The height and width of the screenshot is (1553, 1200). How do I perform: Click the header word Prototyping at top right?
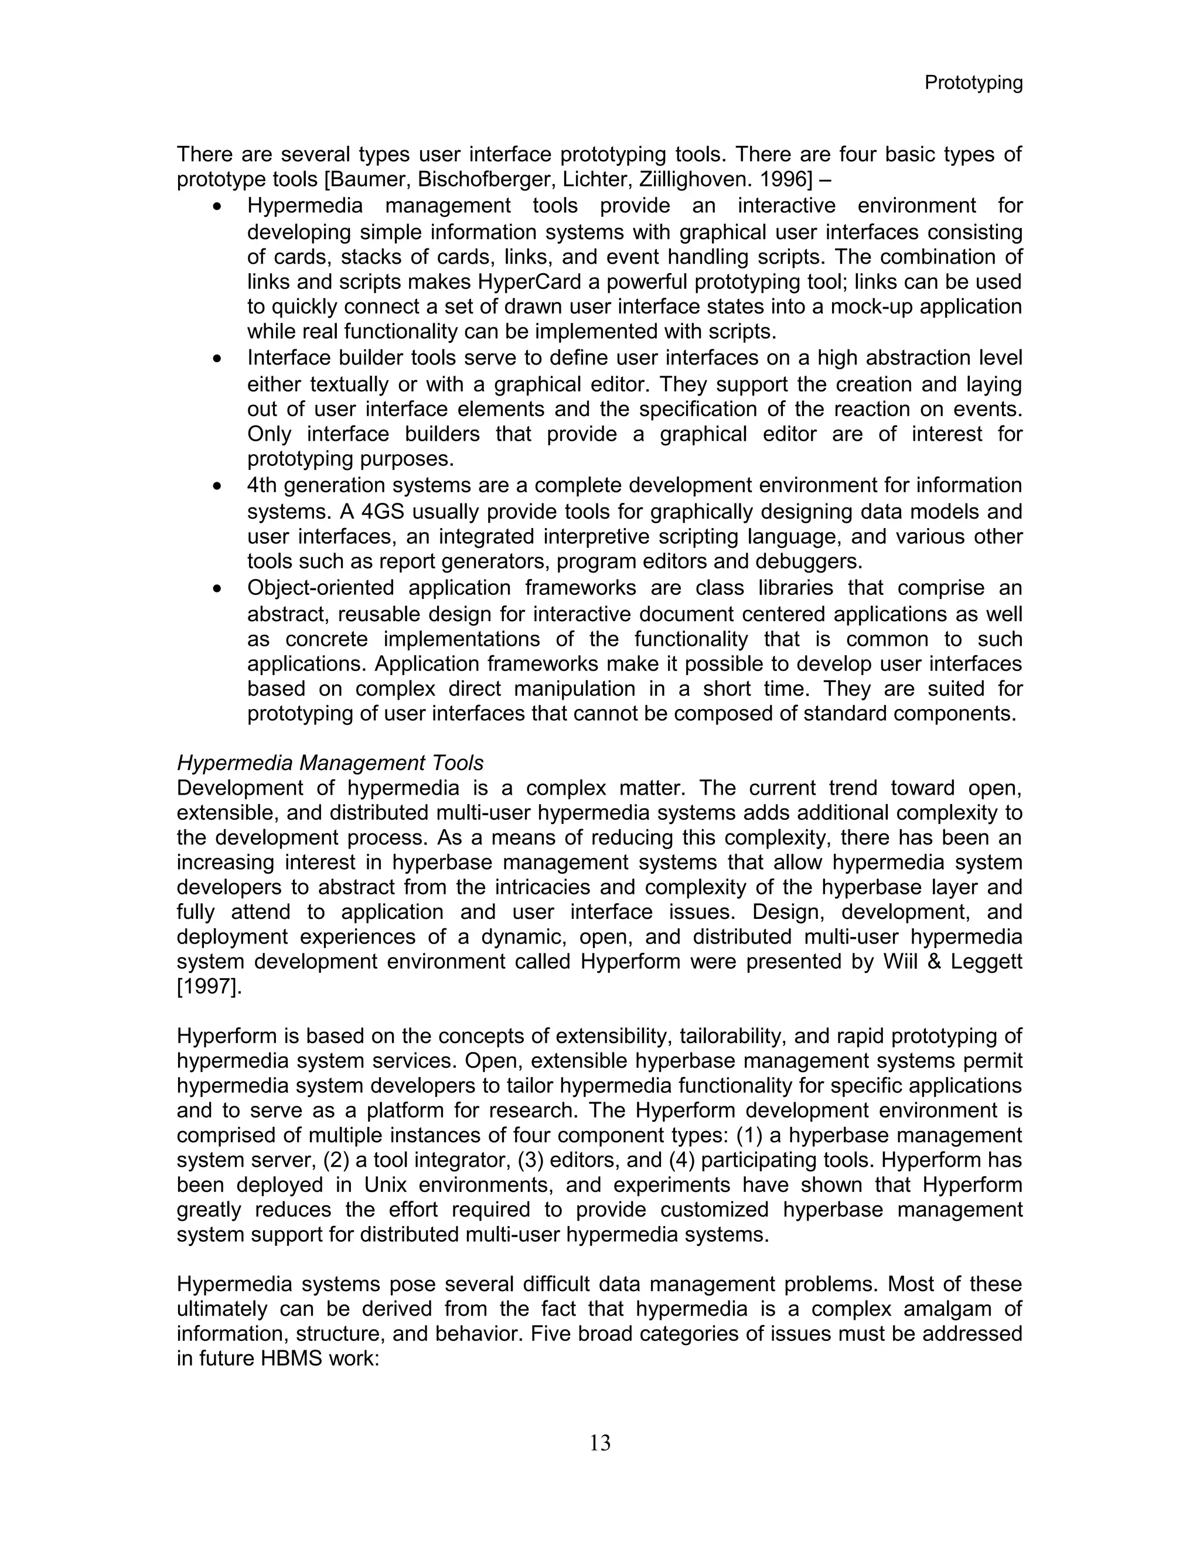tap(973, 83)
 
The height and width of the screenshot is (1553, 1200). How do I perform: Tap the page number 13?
tap(599, 1443)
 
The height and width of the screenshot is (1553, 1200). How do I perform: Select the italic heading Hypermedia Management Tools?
tap(330, 763)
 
